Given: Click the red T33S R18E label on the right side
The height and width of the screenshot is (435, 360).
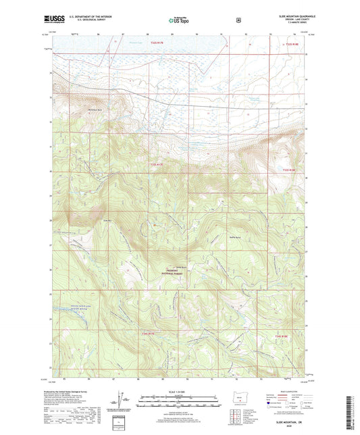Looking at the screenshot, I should click(x=289, y=169).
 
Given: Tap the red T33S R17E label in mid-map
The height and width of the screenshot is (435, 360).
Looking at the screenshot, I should click(x=157, y=163).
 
